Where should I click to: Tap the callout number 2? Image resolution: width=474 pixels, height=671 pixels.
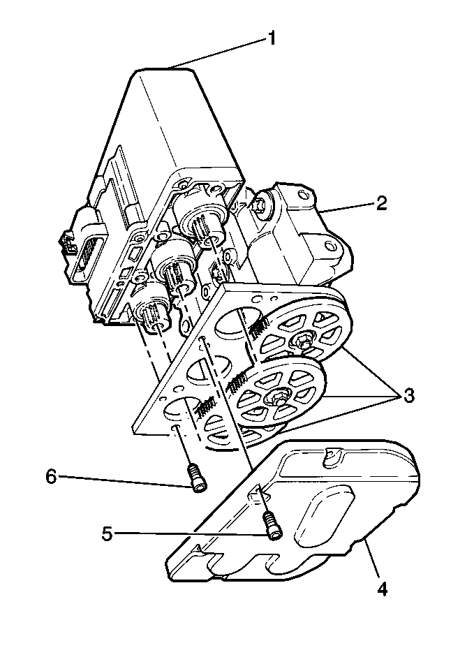point(382,203)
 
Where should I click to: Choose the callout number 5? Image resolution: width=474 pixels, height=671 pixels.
point(107,534)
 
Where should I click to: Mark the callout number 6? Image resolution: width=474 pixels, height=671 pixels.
point(50,477)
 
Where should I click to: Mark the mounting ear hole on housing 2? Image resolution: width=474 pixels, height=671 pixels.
point(327,247)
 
